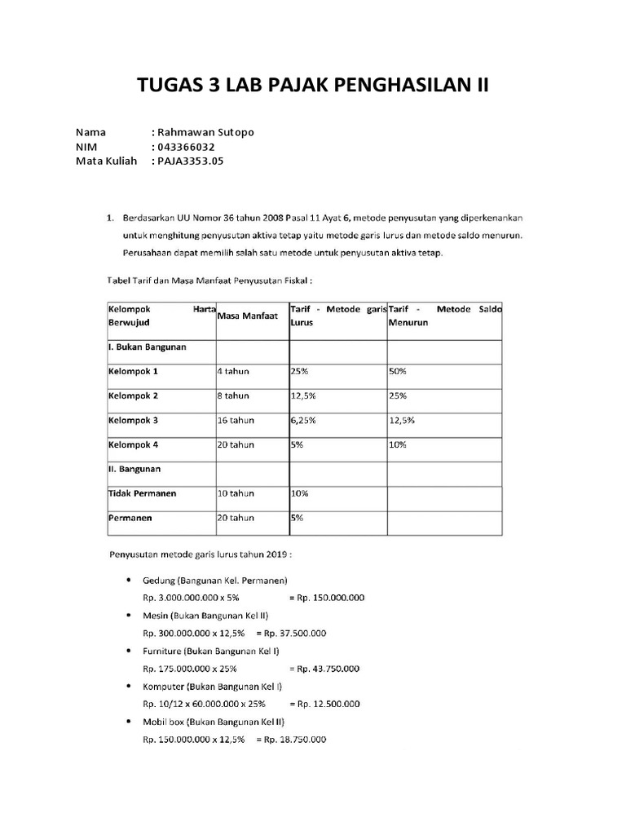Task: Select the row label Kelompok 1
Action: click(133, 371)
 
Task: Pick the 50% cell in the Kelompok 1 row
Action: click(399, 371)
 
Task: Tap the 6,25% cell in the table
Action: click(303, 420)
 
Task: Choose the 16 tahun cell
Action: click(236, 420)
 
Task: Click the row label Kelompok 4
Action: click(133, 444)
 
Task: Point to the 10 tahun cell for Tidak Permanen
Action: click(236, 493)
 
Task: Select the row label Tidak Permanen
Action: click(142, 493)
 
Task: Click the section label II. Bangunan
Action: click(134, 469)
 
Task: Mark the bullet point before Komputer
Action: click(130, 687)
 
